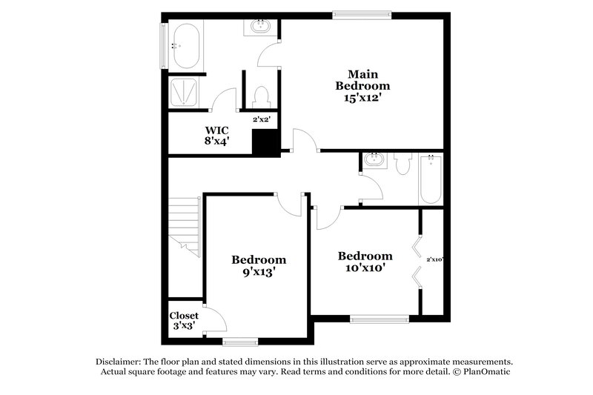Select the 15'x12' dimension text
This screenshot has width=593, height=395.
coord(364,98)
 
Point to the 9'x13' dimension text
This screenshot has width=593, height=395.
coord(259,272)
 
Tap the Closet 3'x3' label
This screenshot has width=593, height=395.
coord(185,320)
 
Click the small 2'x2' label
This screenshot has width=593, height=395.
coord(261,119)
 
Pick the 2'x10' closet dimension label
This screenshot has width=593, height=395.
coord(434,259)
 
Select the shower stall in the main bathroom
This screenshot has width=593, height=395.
coord(187,93)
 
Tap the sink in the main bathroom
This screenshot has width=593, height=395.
coord(260,28)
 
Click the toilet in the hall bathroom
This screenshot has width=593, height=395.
coord(403,163)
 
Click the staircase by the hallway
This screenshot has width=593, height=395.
coord(185,227)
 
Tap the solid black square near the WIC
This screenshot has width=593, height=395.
coord(265,142)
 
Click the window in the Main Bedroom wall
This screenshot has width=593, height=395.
coord(362,13)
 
